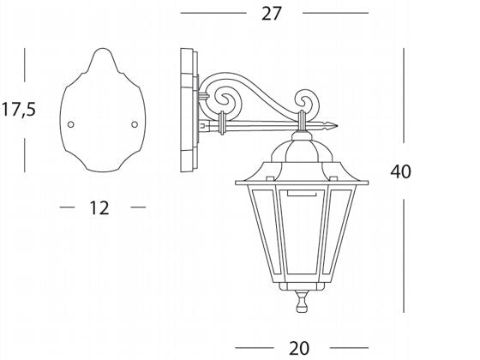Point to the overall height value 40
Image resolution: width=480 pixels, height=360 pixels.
400,171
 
